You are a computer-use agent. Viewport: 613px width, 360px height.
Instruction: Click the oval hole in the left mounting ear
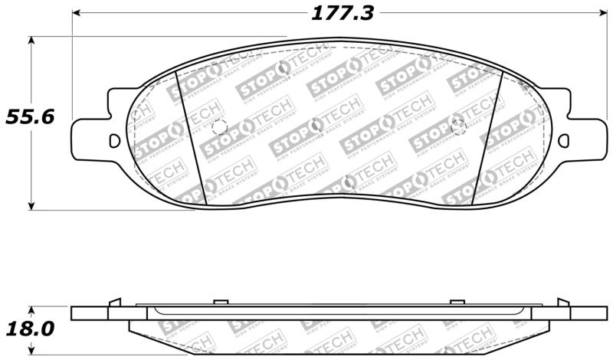point(115,141)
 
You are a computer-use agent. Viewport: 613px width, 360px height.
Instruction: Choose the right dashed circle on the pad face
point(458,127)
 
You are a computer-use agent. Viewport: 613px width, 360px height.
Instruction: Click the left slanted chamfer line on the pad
point(191,138)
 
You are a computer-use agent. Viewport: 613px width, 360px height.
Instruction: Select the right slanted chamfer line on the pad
point(486,138)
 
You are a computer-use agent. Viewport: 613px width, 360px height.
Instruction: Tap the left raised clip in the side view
point(114,303)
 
